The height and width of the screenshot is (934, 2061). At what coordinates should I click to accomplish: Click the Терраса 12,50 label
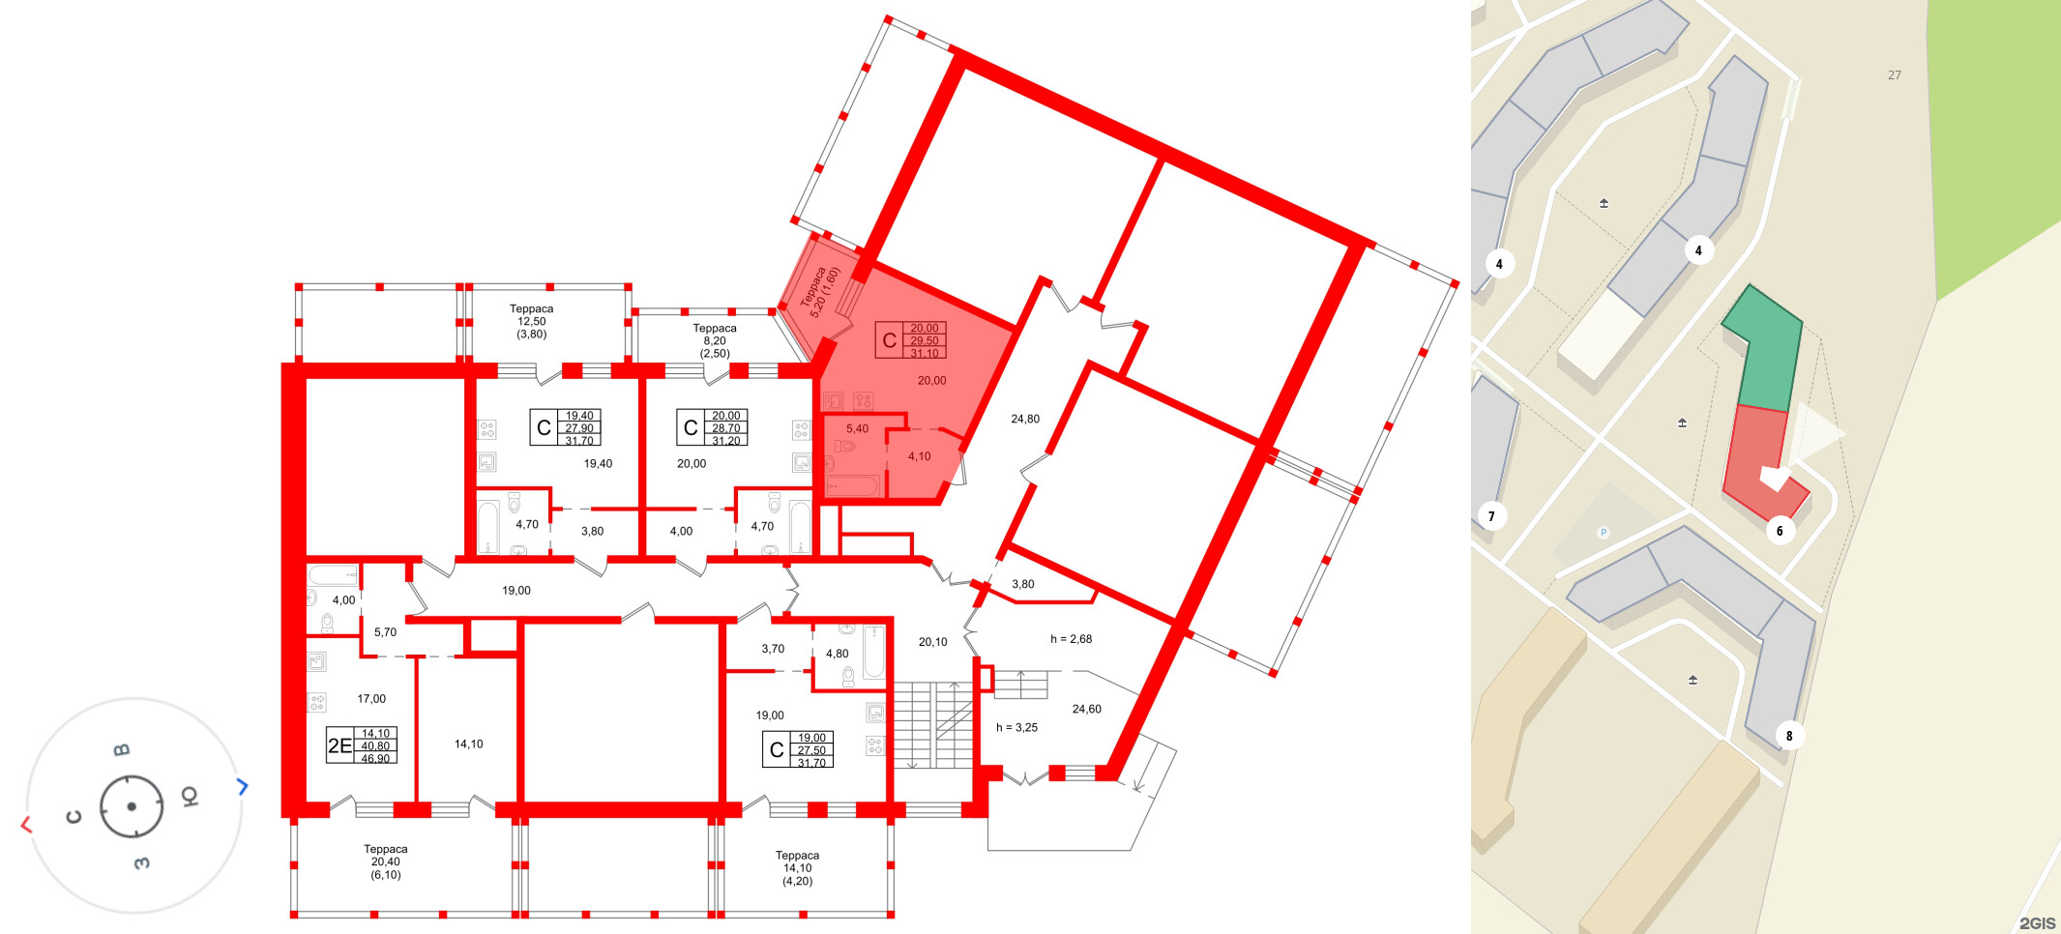[531, 321]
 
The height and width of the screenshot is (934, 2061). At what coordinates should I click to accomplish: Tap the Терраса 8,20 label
[715, 340]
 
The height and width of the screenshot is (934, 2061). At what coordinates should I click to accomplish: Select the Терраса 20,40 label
[385, 861]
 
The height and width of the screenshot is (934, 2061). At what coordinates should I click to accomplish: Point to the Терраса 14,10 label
[797, 867]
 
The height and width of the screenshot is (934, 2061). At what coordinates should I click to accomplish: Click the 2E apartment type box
[339, 745]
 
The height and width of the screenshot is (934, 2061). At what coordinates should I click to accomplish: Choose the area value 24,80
[1025, 419]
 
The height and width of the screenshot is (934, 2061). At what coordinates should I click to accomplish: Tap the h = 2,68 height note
[1071, 639]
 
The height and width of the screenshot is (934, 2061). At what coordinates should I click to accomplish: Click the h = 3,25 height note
[1016, 727]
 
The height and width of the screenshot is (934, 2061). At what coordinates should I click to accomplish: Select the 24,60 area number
[1086, 709]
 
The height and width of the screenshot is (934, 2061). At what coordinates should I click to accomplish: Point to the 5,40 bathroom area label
[857, 428]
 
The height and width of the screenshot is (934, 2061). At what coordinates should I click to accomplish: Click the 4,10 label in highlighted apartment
[919, 456]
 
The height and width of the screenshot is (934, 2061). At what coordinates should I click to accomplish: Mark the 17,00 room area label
[371, 698]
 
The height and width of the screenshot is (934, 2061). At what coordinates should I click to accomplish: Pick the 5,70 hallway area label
[385, 632]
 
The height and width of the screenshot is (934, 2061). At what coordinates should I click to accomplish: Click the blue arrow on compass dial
[243, 787]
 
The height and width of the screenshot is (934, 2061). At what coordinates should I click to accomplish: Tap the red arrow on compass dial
[26, 825]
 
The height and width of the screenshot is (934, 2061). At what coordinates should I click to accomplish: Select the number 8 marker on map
[1789, 736]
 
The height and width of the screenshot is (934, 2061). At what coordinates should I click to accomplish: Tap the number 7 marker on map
[1491, 516]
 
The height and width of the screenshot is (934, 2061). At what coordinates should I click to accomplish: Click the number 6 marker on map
[1780, 531]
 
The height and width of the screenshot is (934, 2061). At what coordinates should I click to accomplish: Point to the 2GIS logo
[2037, 923]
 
